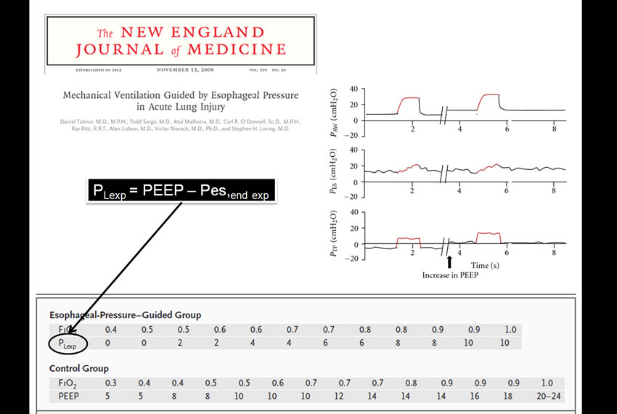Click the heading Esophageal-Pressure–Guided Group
pos(125,315)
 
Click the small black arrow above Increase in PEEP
pos(449,261)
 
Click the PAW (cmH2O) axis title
pos(335,110)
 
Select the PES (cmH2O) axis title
pos(335,171)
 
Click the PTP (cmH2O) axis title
pos(335,234)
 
